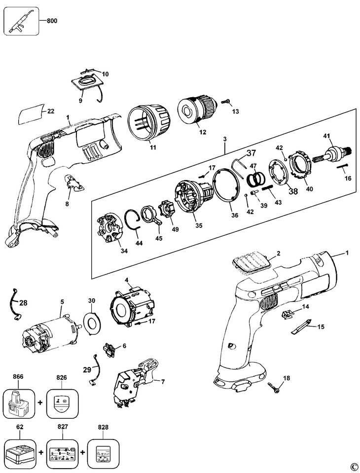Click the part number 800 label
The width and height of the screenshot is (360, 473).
click(52, 21)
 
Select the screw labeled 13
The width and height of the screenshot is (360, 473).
click(225, 102)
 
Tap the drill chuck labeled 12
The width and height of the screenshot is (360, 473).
click(198, 109)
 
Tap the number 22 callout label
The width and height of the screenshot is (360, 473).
click(51, 111)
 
